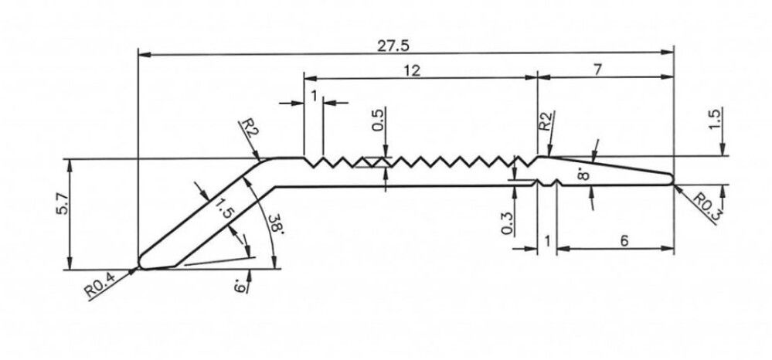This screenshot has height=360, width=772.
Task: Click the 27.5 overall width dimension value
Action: point(393,45)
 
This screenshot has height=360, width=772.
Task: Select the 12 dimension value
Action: point(411,70)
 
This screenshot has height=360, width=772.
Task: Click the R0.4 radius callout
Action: point(100,288)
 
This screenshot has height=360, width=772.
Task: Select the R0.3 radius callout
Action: point(705,206)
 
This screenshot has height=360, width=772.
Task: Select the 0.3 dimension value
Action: point(507,224)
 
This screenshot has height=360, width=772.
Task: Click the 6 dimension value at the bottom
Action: point(622,241)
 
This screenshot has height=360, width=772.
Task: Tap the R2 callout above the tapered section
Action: point(545,123)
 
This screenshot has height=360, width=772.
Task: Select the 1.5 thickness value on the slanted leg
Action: point(225,210)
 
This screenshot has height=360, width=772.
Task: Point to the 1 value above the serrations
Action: point(314,95)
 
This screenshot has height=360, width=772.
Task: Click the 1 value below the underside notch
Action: point(547,242)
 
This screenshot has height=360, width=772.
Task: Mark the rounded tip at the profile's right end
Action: point(672,179)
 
